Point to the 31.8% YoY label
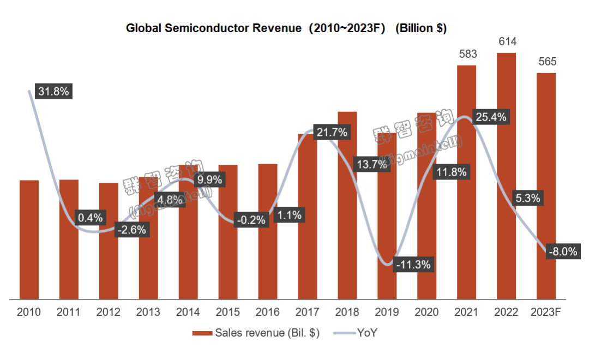click(x=53, y=91)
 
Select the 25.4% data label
click(x=490, y=117)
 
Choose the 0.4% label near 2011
click(x=90, y=218)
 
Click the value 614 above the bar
click(x=507, y=41)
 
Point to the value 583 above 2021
click(x=467, y=54)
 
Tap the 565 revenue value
click(x=546, y=62)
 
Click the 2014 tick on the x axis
click(x=188, y=313)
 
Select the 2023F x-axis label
click(x=546, y=313)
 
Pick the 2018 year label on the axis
click(x=347, y=313)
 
